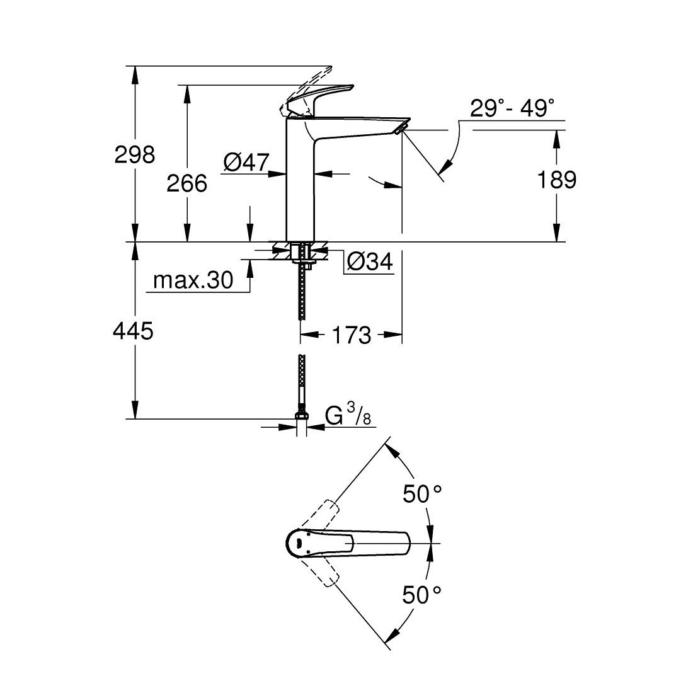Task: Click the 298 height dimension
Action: pyautogui.click(x=134, y=154)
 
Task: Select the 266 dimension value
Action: pyautogui.click(x=186, y=183)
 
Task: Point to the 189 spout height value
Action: pyautogui.click(x=556, y=180)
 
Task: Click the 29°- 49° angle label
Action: pyautogui.click(x=512, y=108)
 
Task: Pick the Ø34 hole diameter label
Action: pyautogui.click(x=370, y=261)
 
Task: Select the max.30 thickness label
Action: pyautogui.click(x=193, y=280)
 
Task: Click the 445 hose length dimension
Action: pyautogui.click(x=134, y=330)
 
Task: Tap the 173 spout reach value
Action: pyautogui.click(x=351, y=335)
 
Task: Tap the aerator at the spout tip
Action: pyautogui.click(x=399, y=129)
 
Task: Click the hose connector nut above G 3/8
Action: pyautogui.click(x=301, y=416)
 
